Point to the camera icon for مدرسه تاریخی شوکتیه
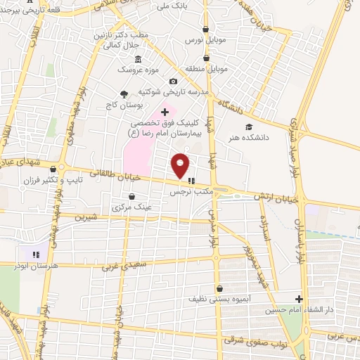click(174, 81)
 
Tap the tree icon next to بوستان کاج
click(124, 94)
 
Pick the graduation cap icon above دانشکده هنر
click(247, 127)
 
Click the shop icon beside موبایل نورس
click(205, 30)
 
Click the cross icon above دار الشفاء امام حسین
click(299, 298)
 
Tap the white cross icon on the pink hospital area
click(165, 112)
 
